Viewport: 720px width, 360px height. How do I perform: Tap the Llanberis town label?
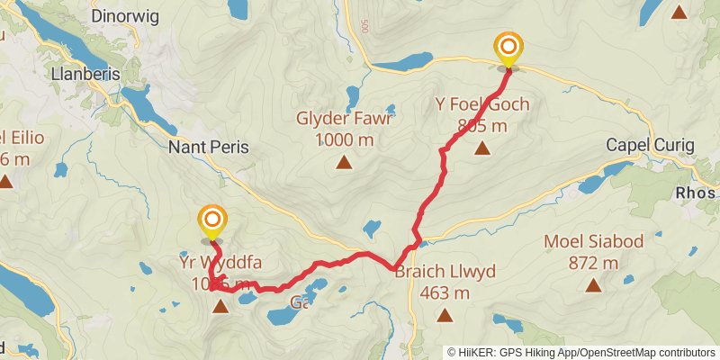click(85, 75)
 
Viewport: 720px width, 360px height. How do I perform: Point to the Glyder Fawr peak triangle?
click(343, 162)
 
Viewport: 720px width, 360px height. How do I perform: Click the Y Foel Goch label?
click(482, 105)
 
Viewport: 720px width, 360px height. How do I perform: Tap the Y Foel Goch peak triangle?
click(482, 148)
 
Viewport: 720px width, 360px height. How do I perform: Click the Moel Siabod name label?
click(592, 242)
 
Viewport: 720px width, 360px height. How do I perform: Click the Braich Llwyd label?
click(445, 273)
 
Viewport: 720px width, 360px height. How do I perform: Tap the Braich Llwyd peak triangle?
click(445, 315)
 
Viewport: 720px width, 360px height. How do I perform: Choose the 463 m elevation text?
click(445, 293)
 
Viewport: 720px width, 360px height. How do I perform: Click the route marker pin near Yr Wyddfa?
click(212, 220)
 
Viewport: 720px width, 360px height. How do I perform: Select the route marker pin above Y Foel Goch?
click(508, 47)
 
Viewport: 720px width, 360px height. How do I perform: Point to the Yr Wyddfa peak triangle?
click(220, 307)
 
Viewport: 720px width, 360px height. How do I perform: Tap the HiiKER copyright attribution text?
click(580, 353)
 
